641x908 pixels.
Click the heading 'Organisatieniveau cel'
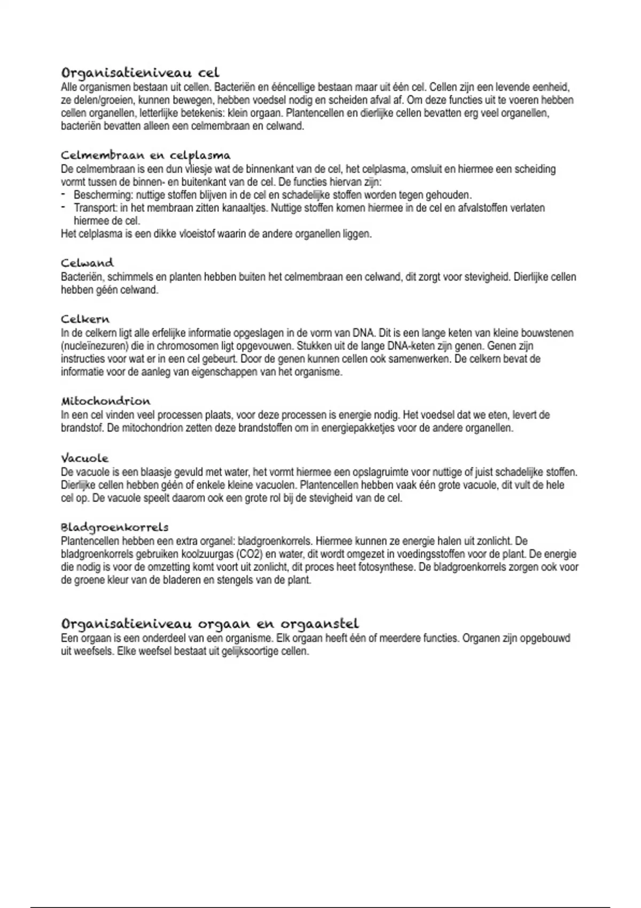[140, 73]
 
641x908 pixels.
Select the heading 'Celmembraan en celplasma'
[145, 155]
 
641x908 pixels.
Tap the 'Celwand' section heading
[87, 263]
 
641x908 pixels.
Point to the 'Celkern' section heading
[85, 319]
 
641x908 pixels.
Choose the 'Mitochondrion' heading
[105, 401]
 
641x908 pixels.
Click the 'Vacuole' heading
[84, 458]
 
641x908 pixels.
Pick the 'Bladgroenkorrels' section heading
[114, 527]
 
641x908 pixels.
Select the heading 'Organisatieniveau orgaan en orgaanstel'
[209, 623]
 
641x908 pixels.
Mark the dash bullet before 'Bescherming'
[63, 194]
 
